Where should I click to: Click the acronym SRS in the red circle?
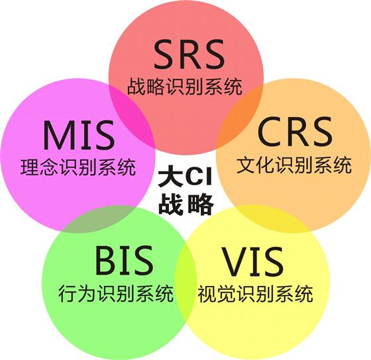click(x=189, y=54)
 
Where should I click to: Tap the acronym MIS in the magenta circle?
click(x=79, y=135)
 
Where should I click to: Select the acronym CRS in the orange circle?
click(x=295, y=132)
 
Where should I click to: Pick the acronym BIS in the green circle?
click(x=124, y=260)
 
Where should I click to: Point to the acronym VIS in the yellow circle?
click(x=253, y=261)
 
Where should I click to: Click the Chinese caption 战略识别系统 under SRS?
click(x=185, y=87)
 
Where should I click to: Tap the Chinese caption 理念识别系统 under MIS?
click(x=78, y=167)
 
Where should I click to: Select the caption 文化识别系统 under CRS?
click(x=294, y=165)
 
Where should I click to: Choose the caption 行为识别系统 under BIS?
click(x=116, y=293)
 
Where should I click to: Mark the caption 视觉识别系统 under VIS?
click(x=256, y=294)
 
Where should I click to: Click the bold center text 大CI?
click(x=185, y=177)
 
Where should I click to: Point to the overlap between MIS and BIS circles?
click(x=99, y=218)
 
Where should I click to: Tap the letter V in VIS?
click(x=235, y=261)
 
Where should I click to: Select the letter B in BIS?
click(x=105, y=260)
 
